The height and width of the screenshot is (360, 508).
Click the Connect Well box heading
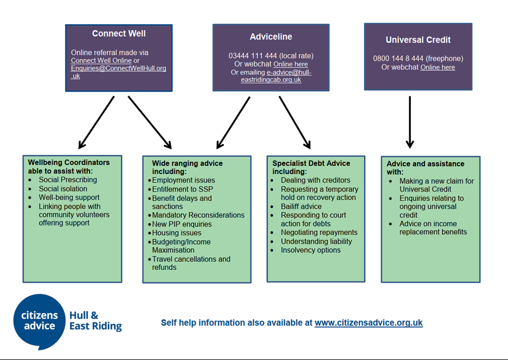(118, 34)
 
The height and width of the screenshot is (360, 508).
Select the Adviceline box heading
(271, 37)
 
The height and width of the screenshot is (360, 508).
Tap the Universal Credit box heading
(418, 40)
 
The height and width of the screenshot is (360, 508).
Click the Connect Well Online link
(101, 60)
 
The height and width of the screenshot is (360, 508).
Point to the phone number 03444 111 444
(253, 56)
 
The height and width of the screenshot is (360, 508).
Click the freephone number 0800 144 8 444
(398, 59)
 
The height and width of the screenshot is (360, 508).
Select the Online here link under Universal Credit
(437, 67)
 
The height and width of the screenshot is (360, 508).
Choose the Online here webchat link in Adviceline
(290, 64)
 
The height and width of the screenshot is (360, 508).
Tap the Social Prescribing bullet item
(68, 180)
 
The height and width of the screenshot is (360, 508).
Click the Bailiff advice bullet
(301, 206)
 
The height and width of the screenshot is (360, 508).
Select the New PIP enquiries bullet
(181, 224)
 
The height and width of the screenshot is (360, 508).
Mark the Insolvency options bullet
(310, 250)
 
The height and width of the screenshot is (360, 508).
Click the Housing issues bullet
(176, 233)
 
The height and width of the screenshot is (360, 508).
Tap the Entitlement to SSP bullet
(182, 189)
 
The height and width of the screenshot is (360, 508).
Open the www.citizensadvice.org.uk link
(368, 323)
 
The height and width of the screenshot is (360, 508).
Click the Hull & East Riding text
(95, 321)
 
